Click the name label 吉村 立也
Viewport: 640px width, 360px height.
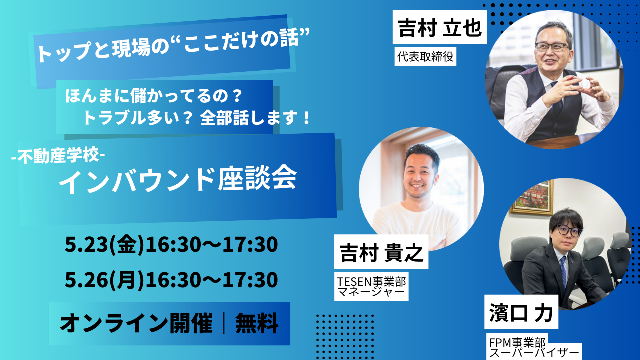click(x=439, y=27)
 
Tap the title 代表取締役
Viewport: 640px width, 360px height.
click(x=425, y=57)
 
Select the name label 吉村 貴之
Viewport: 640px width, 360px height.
click(x=381, y=252)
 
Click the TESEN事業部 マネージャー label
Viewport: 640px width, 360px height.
click(x=371, y=287)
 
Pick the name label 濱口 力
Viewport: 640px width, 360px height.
click(x=521, y=312)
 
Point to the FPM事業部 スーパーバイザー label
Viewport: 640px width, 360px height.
click(x=533, y=347)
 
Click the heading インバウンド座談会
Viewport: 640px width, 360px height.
click(x=177, y=180)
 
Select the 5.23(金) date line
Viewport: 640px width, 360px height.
click(x=171, y=245)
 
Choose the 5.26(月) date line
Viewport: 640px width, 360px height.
click(x=171, y=280)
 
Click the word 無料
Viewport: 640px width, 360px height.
click(x=257, y=323)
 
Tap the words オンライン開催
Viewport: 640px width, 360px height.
click(x=136, y=323)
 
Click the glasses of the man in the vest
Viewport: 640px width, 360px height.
click(x=551, y=47)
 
